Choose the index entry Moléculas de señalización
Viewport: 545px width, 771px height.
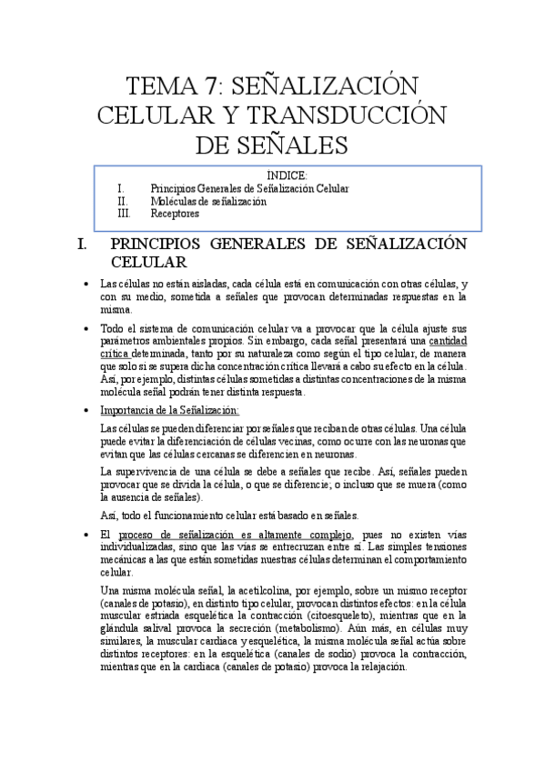pyautogui.click(x=208, y=201)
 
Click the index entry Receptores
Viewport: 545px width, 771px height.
pyautogui.click(x=175, y=214)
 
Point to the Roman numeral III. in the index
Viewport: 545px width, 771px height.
pyautogui.click(x=125, y=214)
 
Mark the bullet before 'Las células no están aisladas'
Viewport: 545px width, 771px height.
pyautogui.click(x=85, y=284)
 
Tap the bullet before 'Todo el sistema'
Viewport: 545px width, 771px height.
pyautogui.click(x=85, y=327)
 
